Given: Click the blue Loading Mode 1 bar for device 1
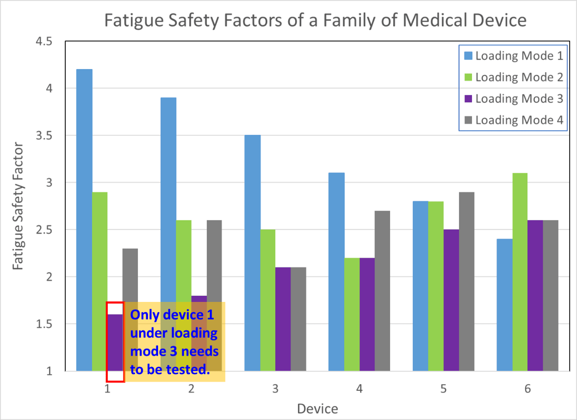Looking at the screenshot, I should coord(84,220).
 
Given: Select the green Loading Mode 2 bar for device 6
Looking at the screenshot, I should coord(520,272).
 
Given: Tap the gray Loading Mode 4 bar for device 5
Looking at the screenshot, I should coord(467,282).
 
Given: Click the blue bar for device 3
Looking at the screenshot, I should coord(252,253).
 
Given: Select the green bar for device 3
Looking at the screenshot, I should coord(267,300).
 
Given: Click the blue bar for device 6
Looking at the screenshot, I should coord(504,305).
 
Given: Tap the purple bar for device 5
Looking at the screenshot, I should coord(451,300).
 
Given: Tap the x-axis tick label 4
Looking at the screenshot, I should coord(359,389).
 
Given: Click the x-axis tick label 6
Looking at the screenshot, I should coord(528,389).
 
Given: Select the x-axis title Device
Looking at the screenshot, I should coord(317,409).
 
